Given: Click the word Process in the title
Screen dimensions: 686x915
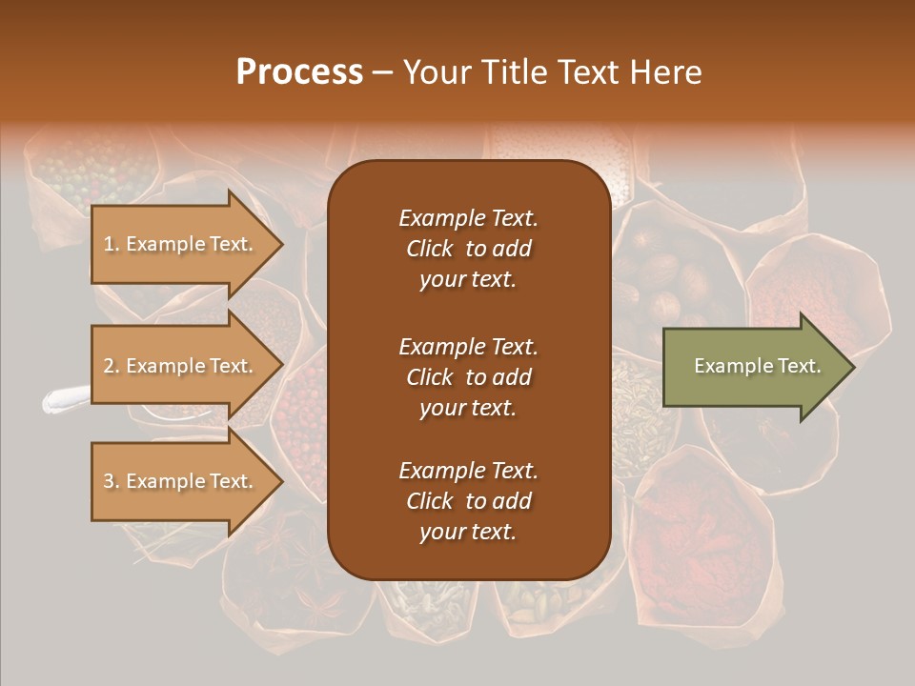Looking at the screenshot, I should point(299,71).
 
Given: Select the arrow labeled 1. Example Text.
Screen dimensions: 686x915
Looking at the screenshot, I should point(181,244).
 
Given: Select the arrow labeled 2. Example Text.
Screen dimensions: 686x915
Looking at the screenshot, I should point(181,366).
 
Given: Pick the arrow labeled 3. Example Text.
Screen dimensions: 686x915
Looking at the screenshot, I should point(181,481).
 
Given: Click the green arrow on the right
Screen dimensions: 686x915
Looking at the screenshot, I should point(753,366).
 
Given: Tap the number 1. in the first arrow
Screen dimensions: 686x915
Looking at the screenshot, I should point(112,245).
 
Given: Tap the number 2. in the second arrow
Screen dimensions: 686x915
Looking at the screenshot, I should point(112,366).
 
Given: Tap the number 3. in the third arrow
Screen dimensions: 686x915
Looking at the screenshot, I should point(112,482).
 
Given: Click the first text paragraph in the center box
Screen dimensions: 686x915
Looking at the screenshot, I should point(468,249).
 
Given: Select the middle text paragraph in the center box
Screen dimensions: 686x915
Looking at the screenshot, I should point(468,377).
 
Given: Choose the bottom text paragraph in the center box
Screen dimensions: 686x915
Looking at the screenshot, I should point(468,501).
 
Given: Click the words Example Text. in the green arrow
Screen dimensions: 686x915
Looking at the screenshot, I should point(757,366).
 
